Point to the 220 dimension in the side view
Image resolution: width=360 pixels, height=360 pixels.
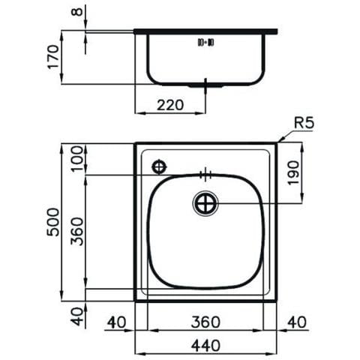(170, 106)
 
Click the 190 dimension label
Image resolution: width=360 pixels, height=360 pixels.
(293, 175)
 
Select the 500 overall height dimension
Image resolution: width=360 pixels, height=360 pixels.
(51, 223)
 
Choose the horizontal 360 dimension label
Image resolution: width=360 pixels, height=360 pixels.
(204, 322)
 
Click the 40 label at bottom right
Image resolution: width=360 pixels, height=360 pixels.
(298, 322)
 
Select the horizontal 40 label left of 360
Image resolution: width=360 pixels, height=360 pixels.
(116, 322)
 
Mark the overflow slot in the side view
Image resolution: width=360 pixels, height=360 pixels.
(205, 43)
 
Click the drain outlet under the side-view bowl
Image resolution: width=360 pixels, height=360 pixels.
(205, 85)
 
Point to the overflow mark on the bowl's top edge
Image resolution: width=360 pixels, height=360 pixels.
(205, 175)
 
